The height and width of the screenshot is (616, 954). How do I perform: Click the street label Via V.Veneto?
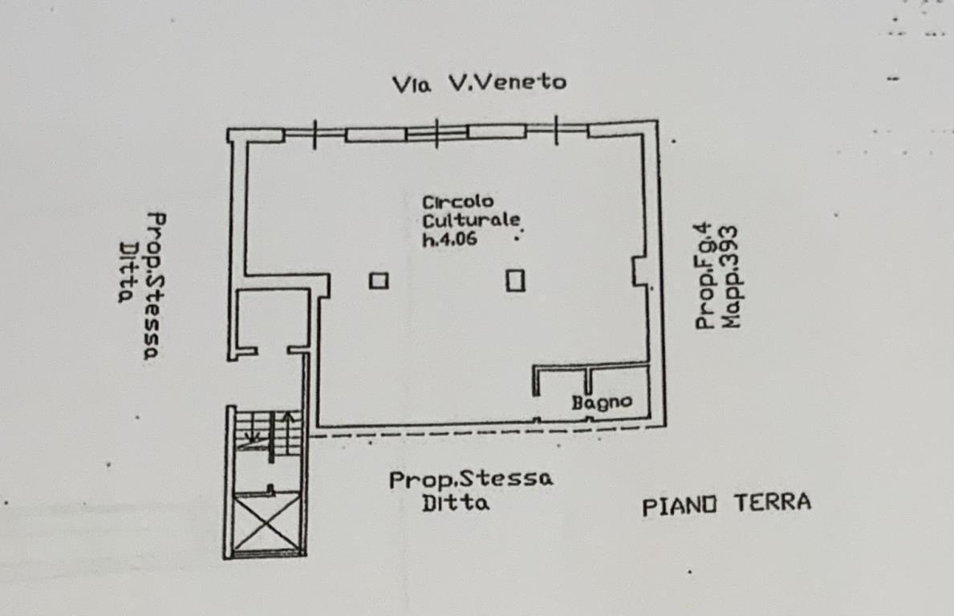pyautogui.click(x=480, y=83)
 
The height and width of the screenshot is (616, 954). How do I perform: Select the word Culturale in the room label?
pyautogui.click(x=472, y=220)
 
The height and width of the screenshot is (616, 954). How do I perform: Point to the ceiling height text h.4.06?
pyautogui.click(x=449, y=238)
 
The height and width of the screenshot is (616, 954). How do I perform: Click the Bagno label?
pyautogui.click(x=602, y=402)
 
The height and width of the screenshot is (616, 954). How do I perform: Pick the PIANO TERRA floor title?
pyautogui.click(x=726, y=505)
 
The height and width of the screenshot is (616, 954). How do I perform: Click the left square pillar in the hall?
pyautogui.click(x=379, y=281)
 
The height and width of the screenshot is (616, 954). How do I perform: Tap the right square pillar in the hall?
pyautogui.click(x=515, y=281)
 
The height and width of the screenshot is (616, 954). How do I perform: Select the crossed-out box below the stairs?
pyautogui.click(x=267, y=522)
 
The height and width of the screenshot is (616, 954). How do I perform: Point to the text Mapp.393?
pyautogui.click(x=729, y=278)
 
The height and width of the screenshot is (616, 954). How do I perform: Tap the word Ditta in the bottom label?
pyautogui.click(x=456, y=503)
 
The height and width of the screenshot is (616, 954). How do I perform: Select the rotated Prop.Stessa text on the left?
pyautogui.click(x=155, y=286)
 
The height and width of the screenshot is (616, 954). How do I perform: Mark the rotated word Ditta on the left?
pyautogui.click(x=126, y=272)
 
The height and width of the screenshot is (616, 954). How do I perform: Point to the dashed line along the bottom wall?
pyautogui.click(x=487, y=432)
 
